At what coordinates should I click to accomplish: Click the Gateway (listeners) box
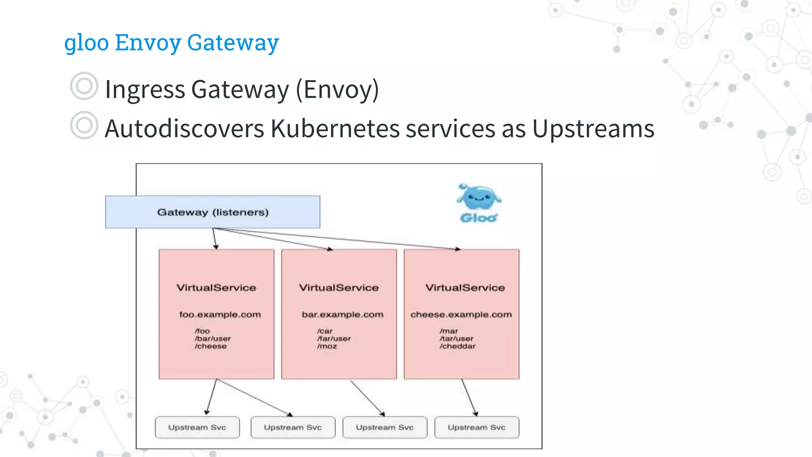(213, 212)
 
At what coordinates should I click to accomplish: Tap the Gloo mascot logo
(479, 202)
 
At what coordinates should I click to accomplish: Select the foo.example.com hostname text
(220, 315)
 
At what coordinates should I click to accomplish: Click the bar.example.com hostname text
(343, 315)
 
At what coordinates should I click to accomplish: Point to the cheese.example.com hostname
(461, 315)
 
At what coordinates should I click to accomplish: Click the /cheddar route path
(458, 346)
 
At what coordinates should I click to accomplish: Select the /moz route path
(327, 346)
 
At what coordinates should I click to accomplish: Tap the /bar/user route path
(213, 339)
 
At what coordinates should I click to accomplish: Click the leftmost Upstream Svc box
(197, 427)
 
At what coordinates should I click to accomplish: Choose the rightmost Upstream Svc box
(477, 427)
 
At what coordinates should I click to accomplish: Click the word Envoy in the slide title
(147, 42)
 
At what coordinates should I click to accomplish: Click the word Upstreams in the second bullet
(593, 129)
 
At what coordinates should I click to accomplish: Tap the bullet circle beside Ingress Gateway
(84, 86)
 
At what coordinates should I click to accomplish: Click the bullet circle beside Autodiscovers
(84, 125)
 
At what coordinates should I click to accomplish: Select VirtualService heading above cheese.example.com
(465, 288)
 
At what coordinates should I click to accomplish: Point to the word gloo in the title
(86, 42)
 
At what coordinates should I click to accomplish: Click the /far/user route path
(334, 339)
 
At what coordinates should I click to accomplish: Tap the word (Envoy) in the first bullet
(337, 90)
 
